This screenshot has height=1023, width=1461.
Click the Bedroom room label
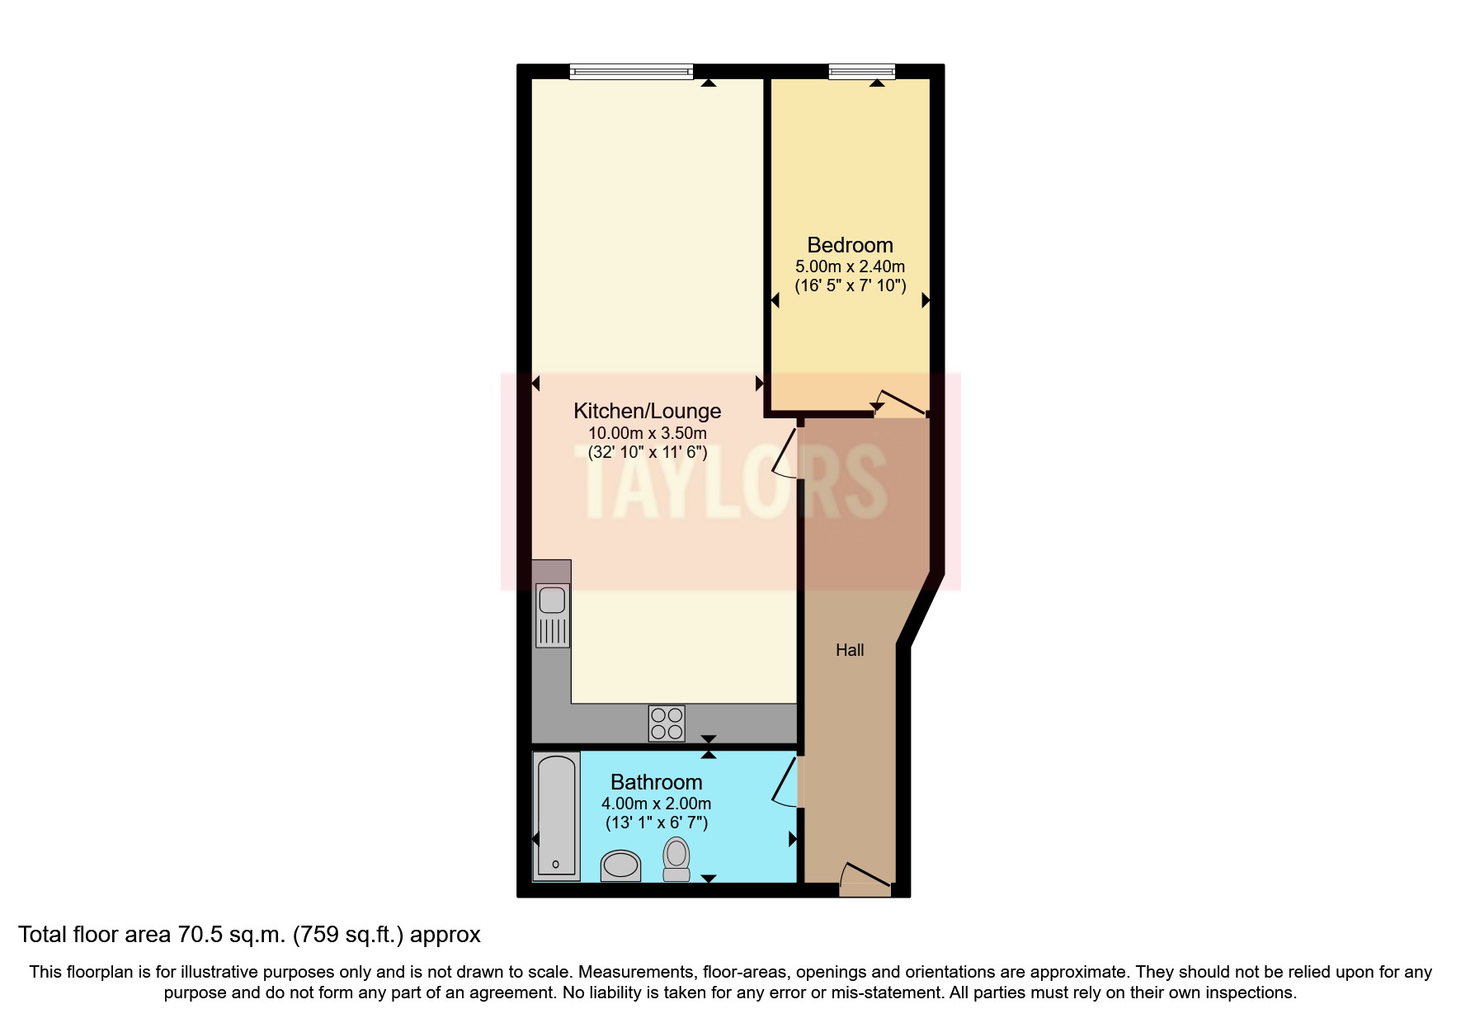(x=850, y=245)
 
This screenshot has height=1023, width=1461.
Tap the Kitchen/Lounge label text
(x=647, y=411)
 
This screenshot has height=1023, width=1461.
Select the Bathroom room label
(x=656, y=782)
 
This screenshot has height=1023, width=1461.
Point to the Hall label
(x=850, y=650)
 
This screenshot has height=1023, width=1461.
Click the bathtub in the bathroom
(x=556, y=815)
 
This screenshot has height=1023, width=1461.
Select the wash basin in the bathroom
(x=620, y=865)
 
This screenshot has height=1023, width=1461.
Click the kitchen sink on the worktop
(x=553, y=615)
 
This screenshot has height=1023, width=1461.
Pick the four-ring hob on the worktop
(x=667, y=724)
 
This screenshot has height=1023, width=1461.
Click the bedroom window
(x=861, y=73)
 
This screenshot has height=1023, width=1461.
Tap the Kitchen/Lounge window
(x=631, y=73)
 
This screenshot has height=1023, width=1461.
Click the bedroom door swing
(x=901, y=403)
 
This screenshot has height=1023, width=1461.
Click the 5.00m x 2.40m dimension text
(x=850, y=266)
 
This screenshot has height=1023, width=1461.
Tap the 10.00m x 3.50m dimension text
(x=647, y=433)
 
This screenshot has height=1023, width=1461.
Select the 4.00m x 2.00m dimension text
(x=656, y=804)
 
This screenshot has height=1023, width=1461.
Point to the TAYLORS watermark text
(x=734, y=483)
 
